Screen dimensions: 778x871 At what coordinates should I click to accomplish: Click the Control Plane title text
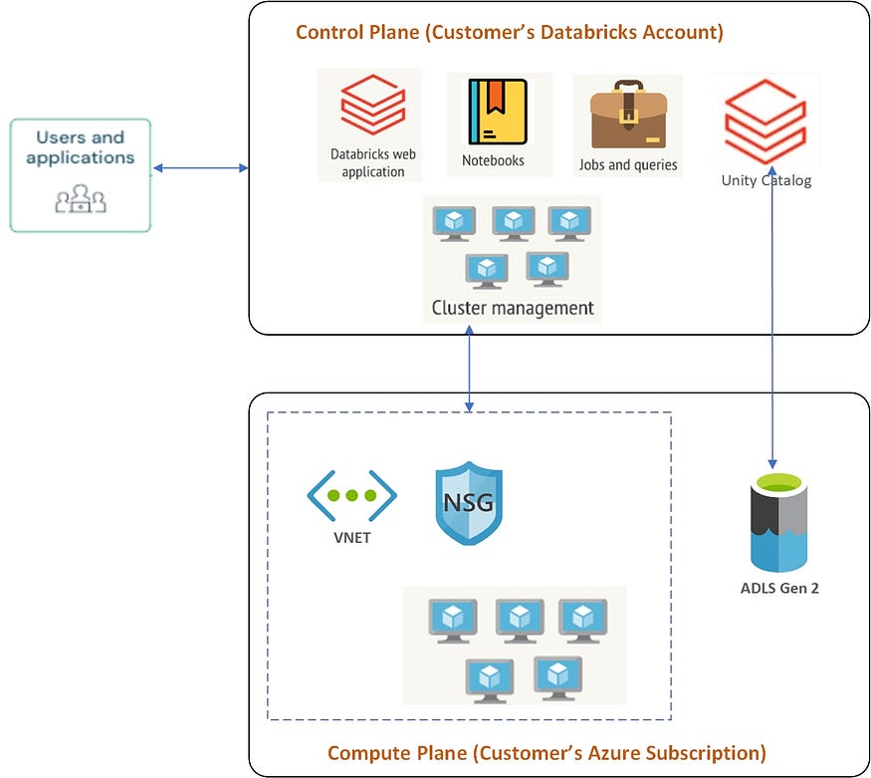pos(509,32)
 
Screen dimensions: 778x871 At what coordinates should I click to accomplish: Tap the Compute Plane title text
pos(546,752)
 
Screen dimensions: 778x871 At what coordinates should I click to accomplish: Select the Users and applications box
pos(81,175)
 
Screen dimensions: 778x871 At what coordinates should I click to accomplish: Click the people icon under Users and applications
pos(81,199)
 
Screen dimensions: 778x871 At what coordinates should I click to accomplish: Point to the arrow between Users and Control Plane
pos(200,168)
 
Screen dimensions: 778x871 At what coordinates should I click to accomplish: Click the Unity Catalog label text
pos(766,180)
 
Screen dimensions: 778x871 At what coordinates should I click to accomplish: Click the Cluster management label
pos(513,308)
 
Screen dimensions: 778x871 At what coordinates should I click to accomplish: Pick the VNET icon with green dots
pos(351,495)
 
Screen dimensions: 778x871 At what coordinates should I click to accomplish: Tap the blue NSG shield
pos(469,502)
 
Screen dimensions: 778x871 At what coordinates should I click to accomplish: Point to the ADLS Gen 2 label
pos(779,588)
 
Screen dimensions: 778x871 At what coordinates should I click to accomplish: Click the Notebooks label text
pos(493,160)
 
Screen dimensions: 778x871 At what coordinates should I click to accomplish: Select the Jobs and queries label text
pos(628,165)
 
